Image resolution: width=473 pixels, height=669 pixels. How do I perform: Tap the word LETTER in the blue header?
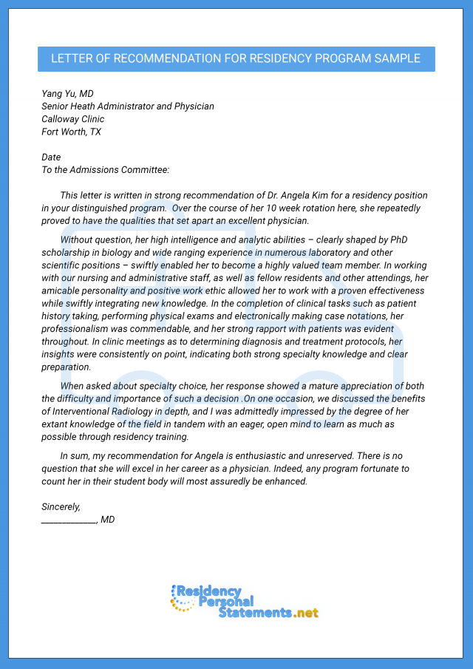click(71, 58)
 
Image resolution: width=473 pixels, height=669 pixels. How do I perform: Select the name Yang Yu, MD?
click(67, 94)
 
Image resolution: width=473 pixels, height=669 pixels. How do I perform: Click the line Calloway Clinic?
click(72, 119)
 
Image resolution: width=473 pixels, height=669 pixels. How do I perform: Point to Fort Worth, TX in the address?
click(71, 132)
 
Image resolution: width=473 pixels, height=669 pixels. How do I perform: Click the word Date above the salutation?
click(51, 157)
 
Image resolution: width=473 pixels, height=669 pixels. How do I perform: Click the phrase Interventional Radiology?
click(103, 412)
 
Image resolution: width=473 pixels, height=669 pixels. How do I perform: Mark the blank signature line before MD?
click(69, 520)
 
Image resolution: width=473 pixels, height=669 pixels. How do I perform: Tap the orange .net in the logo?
click(306, 613)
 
